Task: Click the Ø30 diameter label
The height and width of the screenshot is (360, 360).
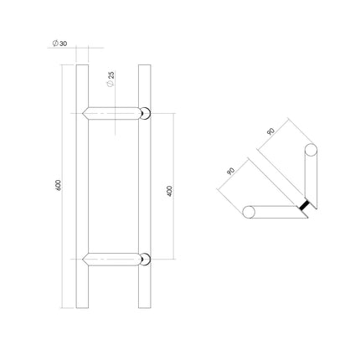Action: pyautogui.click(x=58, y=43)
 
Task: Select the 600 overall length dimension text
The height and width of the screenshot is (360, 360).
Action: pyautogui.click(x=58, y=184)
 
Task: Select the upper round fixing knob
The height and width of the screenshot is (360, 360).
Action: pyautogui.click(x=147, y=113)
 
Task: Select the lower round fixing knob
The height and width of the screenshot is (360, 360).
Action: pyautogui.click(x=147, y=259)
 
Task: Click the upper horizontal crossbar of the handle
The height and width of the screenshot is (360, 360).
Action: pyautogui.click(x=113, y=113)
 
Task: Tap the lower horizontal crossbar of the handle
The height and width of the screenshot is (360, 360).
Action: pyautogui.click(x=113, y=259)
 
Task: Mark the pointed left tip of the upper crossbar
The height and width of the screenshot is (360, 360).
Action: pyautogui.click(x=86, y=113)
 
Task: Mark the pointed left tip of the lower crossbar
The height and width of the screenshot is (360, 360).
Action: pyautogui.click(x=86, y=259)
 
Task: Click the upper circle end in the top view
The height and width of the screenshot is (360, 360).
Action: pyautogui.click(x=311, y=152)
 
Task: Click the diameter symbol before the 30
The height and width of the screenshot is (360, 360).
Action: pyautogui.click(x=53, y=43)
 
